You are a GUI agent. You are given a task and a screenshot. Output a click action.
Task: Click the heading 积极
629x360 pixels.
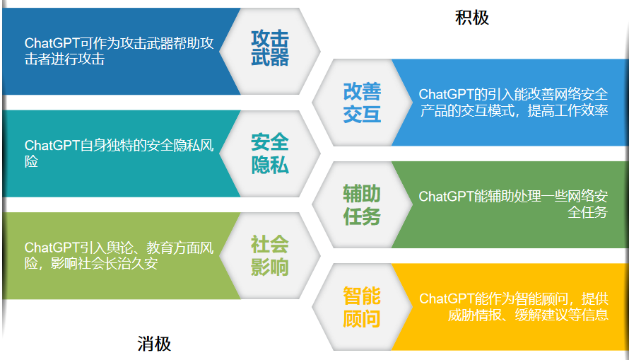472,18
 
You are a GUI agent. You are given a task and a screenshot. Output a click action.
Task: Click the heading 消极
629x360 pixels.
155,344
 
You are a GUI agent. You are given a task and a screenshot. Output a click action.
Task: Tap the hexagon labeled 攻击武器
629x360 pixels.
269,52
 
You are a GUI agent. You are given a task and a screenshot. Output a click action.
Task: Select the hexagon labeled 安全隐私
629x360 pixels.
269,153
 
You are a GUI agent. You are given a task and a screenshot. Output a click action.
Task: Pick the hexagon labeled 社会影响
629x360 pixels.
269,255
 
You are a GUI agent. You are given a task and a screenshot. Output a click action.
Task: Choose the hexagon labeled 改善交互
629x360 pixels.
363,103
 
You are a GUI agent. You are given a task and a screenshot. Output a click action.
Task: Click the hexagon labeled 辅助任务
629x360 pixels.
363,204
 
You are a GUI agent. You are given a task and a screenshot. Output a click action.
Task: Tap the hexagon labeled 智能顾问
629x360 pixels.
363,307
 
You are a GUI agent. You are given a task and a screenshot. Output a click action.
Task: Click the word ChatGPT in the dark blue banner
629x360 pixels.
52,43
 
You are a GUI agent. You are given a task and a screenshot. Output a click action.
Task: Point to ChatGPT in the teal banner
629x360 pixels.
52,145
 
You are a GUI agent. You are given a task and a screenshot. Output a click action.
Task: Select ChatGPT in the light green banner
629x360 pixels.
52,248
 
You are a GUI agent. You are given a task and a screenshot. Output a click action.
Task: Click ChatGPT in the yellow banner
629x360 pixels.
447,299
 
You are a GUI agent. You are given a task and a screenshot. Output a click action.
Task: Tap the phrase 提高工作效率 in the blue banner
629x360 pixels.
568,110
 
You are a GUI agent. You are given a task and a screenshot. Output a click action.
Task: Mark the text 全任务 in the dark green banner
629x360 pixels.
588,212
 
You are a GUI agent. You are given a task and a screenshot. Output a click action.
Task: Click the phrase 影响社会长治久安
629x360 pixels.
105,264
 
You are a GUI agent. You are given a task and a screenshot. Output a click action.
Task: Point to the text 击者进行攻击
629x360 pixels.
64,59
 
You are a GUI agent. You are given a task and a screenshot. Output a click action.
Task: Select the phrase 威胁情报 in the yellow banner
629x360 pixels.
474,315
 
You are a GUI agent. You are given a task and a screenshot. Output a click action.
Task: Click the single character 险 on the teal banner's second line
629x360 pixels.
31,161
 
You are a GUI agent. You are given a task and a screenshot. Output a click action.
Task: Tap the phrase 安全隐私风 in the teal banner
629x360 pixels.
180,145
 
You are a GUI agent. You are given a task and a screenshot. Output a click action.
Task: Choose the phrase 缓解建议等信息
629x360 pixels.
562,315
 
